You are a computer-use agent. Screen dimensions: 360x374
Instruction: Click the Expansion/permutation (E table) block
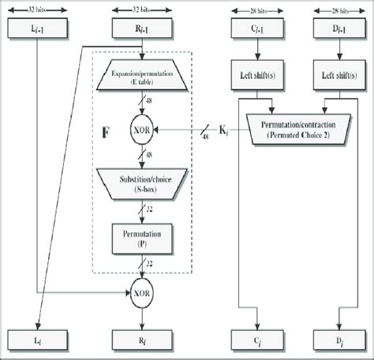coord(142,80)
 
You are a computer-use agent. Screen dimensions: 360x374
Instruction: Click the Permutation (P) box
coord(142,237)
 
